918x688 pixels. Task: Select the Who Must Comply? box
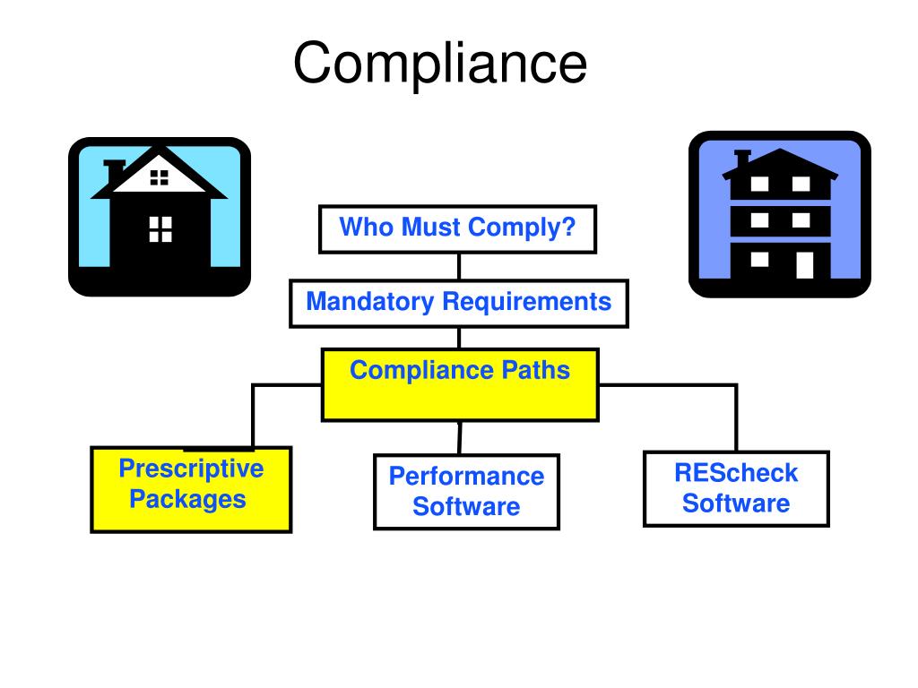click(457, 229)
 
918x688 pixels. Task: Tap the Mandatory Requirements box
click(458, 303)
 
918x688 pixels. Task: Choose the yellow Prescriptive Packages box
click(191, 489)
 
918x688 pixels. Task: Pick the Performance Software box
click(466, 492)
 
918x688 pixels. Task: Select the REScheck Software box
click(736, 488)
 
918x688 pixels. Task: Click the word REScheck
click(736, 473)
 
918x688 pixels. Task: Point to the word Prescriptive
click(191, 469)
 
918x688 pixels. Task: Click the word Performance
click(466, 477)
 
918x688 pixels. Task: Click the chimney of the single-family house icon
click(114, 170)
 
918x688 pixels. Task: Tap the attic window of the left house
click(160, 177)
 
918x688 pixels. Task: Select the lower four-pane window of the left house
click(160, 228)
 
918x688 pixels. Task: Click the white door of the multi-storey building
click(804, 263)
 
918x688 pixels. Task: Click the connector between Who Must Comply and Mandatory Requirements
click(459, 266)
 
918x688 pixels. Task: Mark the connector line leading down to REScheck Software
click(736, 417)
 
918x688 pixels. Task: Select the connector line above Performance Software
click(460, 437)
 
